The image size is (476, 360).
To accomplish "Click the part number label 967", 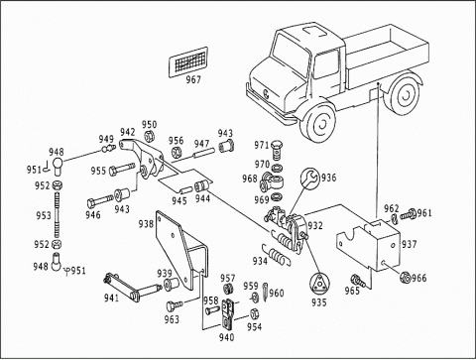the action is click(193, 80).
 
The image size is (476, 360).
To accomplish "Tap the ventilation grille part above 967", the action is click(188, 61).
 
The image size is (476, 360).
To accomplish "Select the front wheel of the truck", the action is click(318, 122).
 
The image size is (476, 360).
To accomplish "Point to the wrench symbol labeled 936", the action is click(309, 179).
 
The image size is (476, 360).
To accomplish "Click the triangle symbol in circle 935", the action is click(319, 283).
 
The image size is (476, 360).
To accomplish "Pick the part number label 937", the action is click(410, 245).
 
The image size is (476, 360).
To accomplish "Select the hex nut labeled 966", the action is click(405, 277).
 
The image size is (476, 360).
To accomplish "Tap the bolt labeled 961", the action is click(408, 214).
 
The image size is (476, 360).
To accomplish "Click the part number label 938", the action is click(146, 224).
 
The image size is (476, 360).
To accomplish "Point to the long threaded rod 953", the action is click(58, 215).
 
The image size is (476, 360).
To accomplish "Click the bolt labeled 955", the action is click(122, 169).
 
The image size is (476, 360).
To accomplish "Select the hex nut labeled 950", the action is click(149, 136).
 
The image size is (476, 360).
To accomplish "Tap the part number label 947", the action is click(201, 144).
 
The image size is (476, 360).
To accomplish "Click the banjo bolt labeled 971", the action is click(276, 150).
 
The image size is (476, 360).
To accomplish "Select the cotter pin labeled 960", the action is click(266, 292).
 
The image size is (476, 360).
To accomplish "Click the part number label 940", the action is click(226, 337).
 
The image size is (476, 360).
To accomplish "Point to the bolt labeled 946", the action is click(100, 201).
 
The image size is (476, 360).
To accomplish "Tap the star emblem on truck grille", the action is click(267, 94).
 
